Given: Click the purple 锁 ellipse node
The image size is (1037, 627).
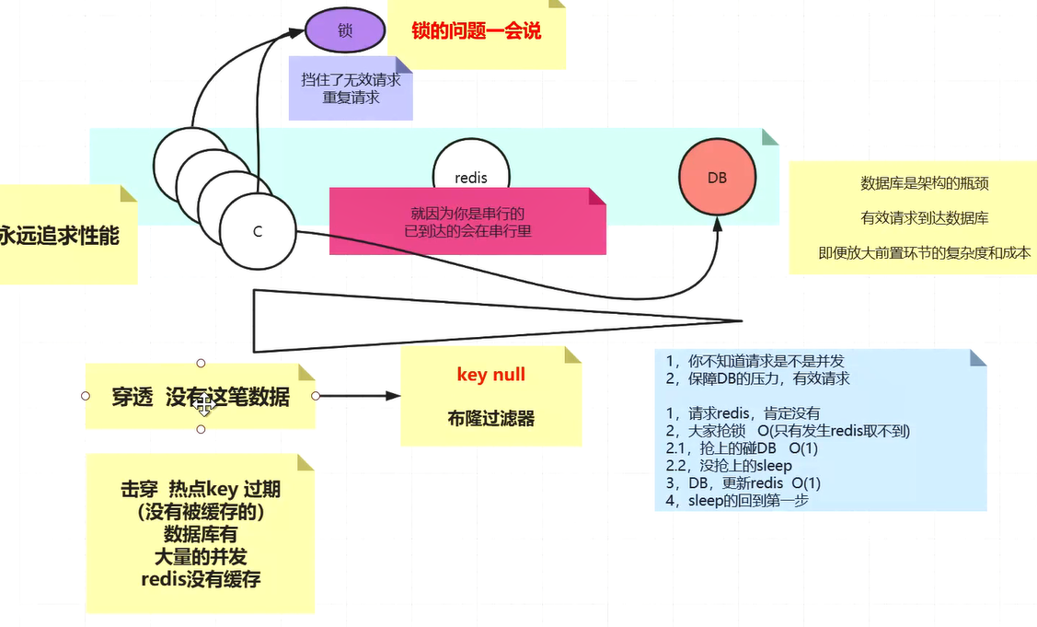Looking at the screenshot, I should tap(345, 30).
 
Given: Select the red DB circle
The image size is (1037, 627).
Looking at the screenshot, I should tap(717, 178).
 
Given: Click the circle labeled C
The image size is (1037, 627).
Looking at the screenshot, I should tap(259, 231).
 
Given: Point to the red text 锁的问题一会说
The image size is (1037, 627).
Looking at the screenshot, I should tap(477, 31).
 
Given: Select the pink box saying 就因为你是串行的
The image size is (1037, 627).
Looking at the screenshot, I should tap(467, 222).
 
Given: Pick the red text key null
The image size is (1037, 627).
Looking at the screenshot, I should tap(490, 374).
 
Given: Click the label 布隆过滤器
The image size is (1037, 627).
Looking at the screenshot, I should tap(491, 417).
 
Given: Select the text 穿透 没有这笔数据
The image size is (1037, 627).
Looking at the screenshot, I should tap(201, 397).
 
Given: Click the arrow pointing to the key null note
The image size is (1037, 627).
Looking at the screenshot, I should tap(359, 396).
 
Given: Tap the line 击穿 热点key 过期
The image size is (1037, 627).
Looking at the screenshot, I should tap(200, 490).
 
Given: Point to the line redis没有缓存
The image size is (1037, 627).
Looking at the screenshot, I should tap(200, 578).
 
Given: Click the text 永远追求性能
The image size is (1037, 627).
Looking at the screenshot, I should tap(59, 236).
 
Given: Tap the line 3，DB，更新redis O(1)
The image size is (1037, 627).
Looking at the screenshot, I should tap(743, 483).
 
